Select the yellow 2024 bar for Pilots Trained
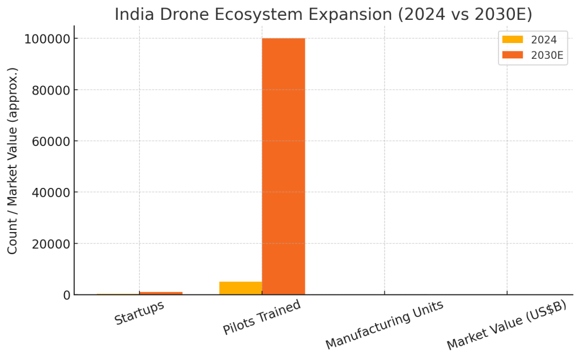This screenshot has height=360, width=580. [241, 288]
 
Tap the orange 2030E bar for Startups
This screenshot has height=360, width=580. [161, 293]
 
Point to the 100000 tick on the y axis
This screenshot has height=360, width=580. [47, 38]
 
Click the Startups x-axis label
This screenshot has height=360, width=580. [139, 313]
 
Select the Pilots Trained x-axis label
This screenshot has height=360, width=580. [262, 318]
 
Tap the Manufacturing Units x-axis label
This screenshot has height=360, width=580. [384, 325]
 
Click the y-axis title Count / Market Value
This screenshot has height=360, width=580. [13, 161]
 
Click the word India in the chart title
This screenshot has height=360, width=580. [131, 14]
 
